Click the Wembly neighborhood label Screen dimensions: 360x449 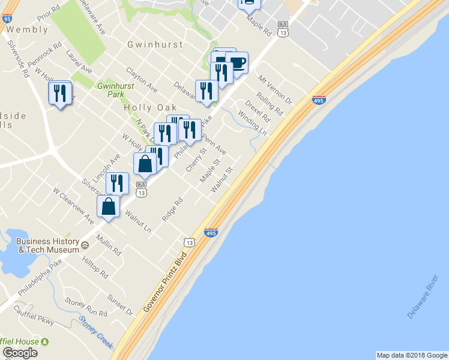point(28,29)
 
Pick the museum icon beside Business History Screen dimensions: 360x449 point(85,245)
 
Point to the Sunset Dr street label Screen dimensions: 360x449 point(120,304)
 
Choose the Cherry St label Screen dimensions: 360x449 point(196,160)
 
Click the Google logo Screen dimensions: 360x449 point(20,353)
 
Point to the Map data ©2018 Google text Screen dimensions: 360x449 point(411,355)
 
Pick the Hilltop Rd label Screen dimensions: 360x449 point(95,269)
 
